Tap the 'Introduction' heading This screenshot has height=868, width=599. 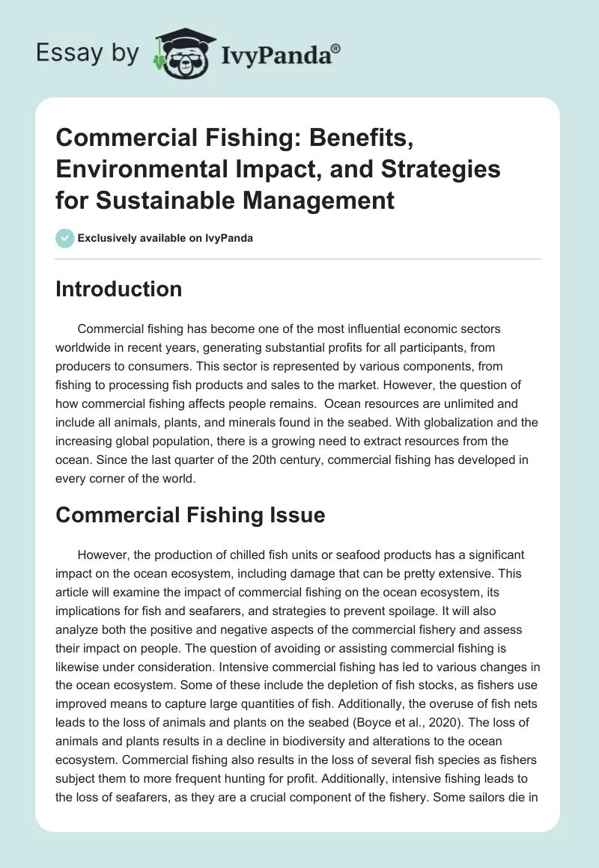coord(118,290)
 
